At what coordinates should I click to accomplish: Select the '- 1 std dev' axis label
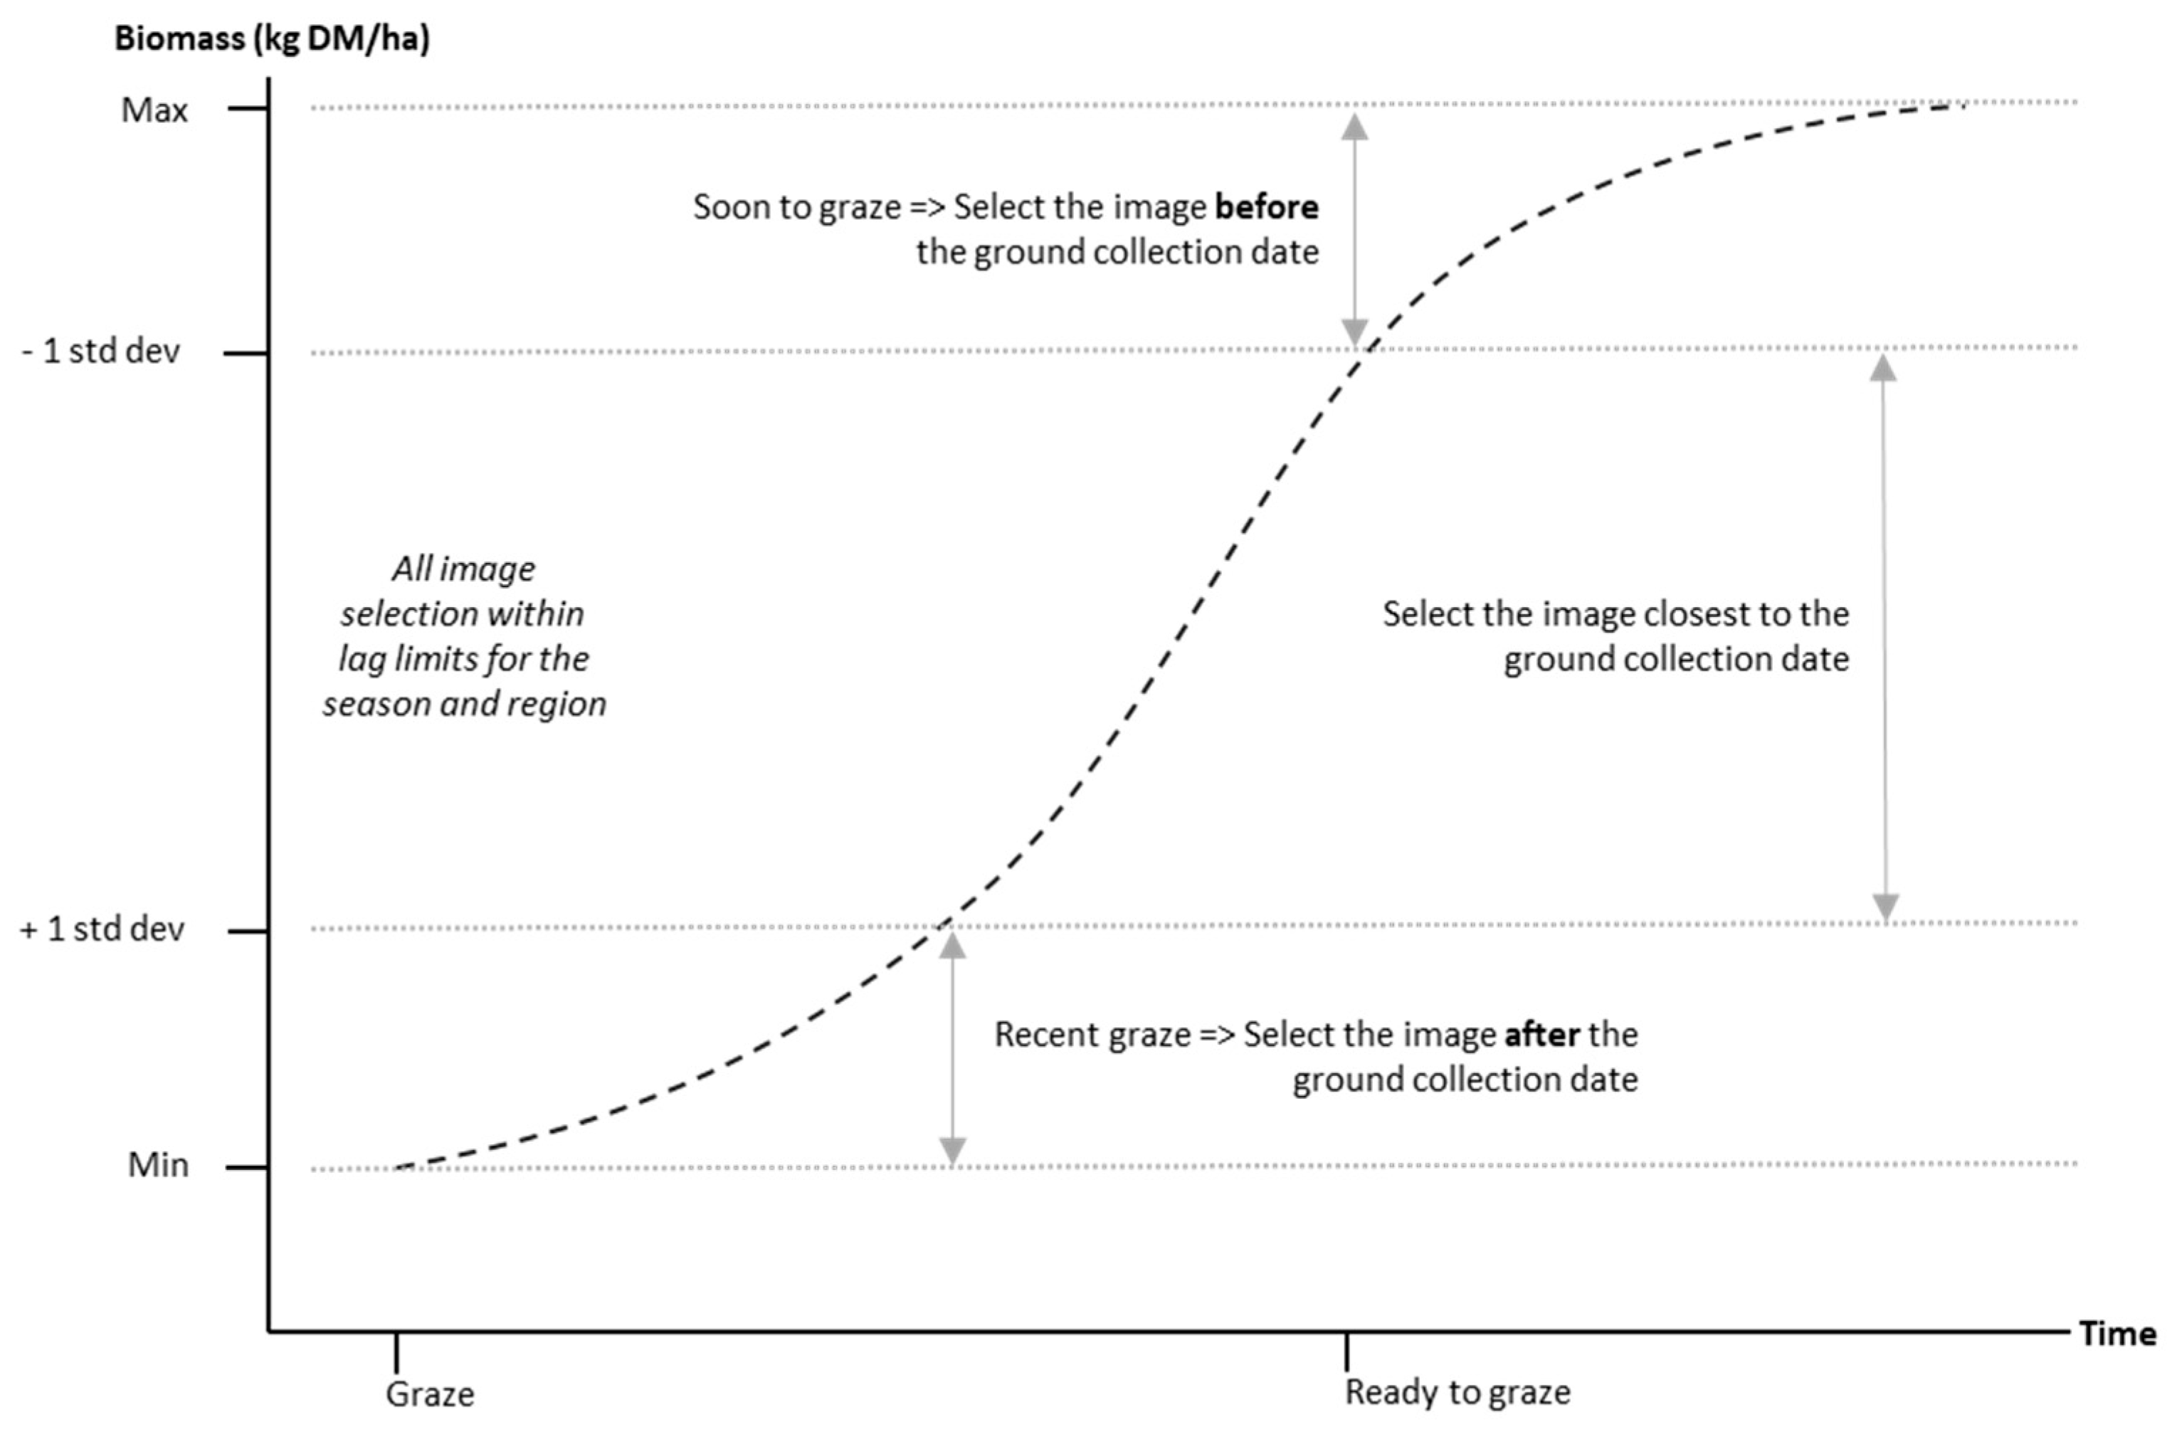pos(101,351)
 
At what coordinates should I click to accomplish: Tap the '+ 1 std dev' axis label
pos(102,929)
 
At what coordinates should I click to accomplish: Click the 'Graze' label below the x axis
pos(430,1393)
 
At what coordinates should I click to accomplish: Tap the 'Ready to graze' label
pos(1458,1393)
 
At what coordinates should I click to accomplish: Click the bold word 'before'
pos(1267,207)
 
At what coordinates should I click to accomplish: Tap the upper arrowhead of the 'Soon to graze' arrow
pos(1355,126)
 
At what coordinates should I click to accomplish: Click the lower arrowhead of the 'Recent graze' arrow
pos(952,1151)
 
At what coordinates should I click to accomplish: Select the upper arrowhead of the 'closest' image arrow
pos(1883,368)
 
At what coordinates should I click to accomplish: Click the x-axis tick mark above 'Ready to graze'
pos(1346,1351)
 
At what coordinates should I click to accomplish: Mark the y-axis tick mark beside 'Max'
pos(248,109)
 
